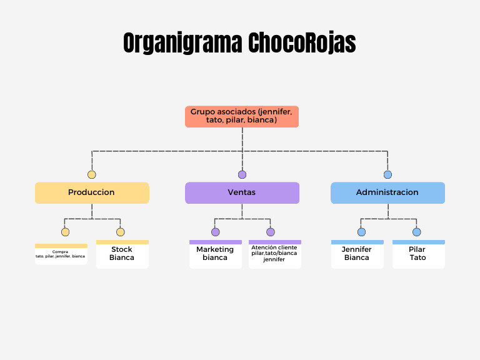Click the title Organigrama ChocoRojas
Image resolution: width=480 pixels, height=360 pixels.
point(239,43)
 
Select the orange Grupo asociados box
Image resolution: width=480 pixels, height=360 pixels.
point(242,116)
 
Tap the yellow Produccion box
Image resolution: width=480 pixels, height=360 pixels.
point(92,192)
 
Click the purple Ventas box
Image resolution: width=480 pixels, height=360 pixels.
point(242,192)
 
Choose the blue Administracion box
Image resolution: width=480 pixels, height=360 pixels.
point(387,192)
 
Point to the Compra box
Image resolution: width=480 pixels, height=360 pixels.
point(61,254)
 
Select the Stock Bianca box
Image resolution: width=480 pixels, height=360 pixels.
point(122,254)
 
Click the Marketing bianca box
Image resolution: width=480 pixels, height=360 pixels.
point(215,254)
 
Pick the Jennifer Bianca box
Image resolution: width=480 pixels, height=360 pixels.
point(357,254)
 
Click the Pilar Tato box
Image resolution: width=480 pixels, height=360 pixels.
point(418,254)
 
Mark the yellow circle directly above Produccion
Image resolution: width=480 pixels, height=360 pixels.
point(92,174)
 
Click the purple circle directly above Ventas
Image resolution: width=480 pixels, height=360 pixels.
point(242,174)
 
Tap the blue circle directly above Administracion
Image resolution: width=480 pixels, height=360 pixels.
point(387,174)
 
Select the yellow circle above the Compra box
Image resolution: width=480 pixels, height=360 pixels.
point(66,232)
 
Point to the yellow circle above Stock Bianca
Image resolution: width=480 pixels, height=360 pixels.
point(121,232)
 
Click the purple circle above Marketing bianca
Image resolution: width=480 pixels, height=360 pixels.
point(216,232)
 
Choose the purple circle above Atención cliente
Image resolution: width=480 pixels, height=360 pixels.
point(271,232)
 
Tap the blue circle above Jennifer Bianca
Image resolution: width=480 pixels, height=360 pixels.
point(361,232)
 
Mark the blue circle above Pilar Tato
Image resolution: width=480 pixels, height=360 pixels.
point(416,232)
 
